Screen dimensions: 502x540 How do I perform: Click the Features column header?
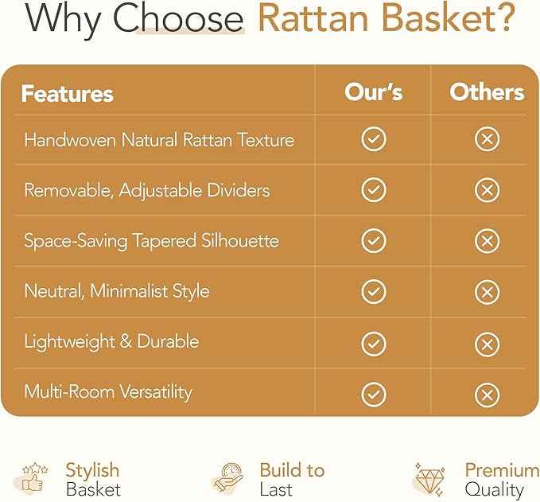pos(67,93)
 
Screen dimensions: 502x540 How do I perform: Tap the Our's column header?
pos(373,91)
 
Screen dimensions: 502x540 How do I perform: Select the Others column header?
pos(487,91)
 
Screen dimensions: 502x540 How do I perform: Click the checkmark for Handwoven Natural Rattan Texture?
pos(373,140)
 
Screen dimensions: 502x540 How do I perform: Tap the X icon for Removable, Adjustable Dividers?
pos(487,190)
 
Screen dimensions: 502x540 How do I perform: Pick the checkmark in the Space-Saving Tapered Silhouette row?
pos(373,240)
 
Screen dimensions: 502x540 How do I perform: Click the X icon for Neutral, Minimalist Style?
pos(487,291)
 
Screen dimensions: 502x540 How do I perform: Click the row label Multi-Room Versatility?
pos(108,391)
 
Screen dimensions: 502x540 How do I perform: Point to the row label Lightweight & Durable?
pos(111,341)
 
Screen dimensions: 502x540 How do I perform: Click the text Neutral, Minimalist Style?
pos(117,290)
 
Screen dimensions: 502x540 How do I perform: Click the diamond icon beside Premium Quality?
pos(429,479)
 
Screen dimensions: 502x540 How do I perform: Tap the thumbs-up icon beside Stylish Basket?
pos(35,479)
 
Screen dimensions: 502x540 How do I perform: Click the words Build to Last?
pos(291,479)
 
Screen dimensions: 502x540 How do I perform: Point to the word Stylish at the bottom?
pos(92,469)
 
